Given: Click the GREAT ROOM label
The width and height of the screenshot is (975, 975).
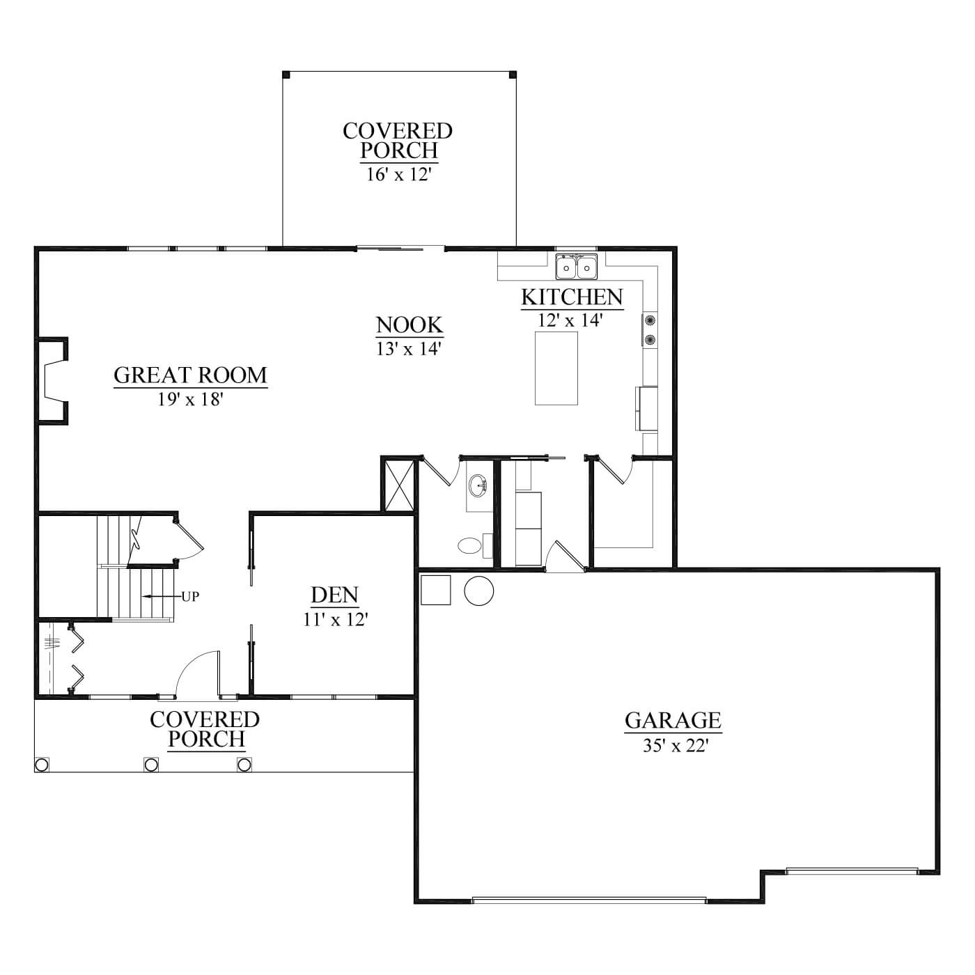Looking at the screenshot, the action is tap(190, 375).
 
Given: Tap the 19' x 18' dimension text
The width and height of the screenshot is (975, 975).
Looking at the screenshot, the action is tap(190, 400).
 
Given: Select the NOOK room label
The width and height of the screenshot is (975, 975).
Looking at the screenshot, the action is tap(409, 325).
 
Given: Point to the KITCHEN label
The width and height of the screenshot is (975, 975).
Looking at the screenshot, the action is tap(572, 297).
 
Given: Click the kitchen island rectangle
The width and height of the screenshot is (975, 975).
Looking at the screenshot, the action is tap(556, 368).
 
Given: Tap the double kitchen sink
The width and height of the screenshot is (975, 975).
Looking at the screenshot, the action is tap(577, 267).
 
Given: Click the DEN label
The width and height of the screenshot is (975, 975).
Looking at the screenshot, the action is tap(334, 595).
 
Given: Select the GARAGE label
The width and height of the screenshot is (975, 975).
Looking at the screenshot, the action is tap(673, 720).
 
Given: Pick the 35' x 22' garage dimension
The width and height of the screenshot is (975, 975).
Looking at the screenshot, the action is tap(673, 745).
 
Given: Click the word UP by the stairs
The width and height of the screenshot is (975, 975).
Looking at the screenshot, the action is tap(190, 597).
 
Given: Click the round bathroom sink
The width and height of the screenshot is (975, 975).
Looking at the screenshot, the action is tap(478, 485).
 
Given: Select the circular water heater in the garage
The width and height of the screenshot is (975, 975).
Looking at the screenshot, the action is tap(478, 591).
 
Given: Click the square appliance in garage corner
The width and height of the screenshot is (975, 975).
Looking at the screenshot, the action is tap(436, 590).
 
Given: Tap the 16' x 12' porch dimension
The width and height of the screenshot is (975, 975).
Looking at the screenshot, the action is tap(398, 175).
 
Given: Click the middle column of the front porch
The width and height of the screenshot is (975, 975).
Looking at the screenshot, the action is tap(151, 764).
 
